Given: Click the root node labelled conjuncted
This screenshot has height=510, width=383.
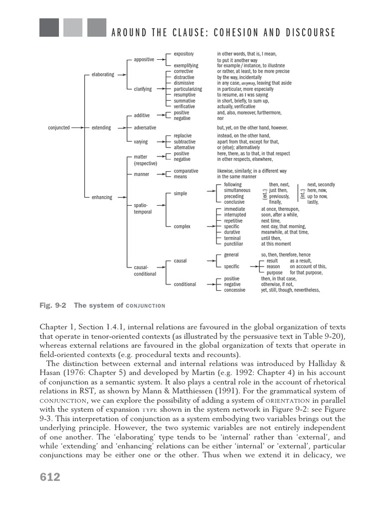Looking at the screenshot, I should tap(59, 127).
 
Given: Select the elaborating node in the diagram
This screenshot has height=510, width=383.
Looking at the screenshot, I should tap(103, 75).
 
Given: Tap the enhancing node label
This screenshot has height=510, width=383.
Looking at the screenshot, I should tap(102, 198).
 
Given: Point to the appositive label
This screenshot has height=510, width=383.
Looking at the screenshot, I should tap(144, 60).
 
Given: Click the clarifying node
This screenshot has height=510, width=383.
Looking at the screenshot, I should tap(143, 89).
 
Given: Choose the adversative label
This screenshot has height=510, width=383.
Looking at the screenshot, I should tap(145, 127).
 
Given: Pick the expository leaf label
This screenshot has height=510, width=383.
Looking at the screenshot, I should tap(184, 53).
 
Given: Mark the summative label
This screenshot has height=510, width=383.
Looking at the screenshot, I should tap(185, 101).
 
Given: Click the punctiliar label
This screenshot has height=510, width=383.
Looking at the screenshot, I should tap(234, 244).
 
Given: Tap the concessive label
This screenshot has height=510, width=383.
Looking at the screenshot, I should tap(236, 290).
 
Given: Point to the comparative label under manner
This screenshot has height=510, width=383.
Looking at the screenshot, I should tap(186, 171).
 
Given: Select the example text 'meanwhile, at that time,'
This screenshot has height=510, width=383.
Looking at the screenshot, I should tap(285, 232).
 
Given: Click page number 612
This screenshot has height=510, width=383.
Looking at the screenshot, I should tap(50, 477).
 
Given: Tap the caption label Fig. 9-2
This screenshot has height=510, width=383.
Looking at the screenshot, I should tap(53, 305).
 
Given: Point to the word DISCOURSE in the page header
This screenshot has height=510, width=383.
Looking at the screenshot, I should tap(308, 33).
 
